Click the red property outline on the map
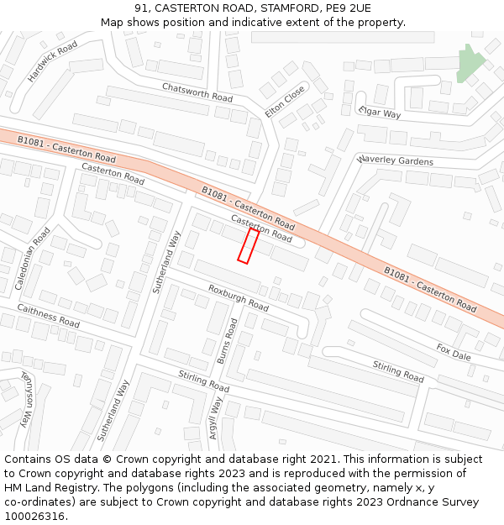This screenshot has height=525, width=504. tap(248, 245)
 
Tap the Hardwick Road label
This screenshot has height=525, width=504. tap(52, 61)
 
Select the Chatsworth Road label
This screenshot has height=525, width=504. tap(197, 92)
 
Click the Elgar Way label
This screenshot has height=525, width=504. tap(380, 112)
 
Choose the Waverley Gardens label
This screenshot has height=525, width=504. tap(395, 160)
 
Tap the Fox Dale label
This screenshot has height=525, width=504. tap(454, 351)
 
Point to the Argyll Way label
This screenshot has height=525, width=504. tap(215, 418)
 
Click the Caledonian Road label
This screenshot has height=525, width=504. tap(33, 258)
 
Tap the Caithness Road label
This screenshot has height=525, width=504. tap(49, 316)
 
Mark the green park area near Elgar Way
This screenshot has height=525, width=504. tap(470, 64)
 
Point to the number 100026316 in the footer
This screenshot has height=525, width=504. tap(34, 517)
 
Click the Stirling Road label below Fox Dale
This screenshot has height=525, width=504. tap(398, 370)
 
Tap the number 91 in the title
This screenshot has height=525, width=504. tap(141, 8)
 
